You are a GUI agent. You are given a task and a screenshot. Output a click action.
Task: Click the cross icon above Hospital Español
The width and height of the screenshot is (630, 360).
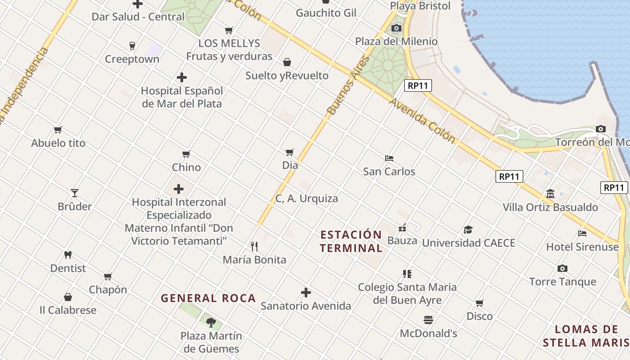pyautogui.click(x=182, y=77)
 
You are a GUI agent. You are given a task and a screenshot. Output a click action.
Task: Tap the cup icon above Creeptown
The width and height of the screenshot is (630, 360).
pyautogui.click(x=132, y=45)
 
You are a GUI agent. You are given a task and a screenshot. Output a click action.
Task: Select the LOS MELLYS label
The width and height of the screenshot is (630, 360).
pyautogui.click(x=229, y=43)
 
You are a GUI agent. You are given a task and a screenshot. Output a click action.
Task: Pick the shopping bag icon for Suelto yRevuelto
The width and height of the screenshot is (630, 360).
pyautogui.click(x=287, y=62)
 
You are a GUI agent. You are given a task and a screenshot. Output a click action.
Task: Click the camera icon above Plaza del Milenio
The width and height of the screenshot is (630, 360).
pyautogui.click(x=396, y=28)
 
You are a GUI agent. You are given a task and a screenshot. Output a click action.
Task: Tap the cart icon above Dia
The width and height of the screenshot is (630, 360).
pyautogui.click(x=290, y=152)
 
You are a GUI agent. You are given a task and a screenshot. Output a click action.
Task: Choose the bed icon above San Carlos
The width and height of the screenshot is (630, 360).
pyautogui.click(x=389, y=158)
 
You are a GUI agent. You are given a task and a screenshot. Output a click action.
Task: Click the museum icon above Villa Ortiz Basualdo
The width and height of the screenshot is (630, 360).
pyautogui.click(x=550, y=194)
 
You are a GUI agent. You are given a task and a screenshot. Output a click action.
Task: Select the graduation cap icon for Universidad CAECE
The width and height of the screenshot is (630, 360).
pyautogui.click(x=468, y=229)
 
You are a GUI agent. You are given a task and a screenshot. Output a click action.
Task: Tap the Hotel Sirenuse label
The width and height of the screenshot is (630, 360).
pyautogui.click(x=582, y=247)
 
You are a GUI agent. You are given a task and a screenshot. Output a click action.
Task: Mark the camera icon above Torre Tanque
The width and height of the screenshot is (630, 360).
pyautogui.click(x=562, y=269)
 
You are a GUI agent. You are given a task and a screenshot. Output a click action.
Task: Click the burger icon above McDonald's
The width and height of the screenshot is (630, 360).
pyautogui.click(x=428, y=320)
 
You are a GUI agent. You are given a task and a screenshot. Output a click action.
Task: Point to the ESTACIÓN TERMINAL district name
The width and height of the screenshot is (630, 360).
pyautogui.click(x=351, y=241)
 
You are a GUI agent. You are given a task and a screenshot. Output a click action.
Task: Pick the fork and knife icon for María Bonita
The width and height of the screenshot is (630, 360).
pyautogui.click(x=254, y=246)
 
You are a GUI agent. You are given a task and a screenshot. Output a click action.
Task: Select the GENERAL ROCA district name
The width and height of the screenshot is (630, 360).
pyautogui.click(x=208, y=298)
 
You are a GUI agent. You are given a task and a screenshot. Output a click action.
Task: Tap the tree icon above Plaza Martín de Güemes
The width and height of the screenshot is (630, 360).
pyautogui.click(x=211, y=322)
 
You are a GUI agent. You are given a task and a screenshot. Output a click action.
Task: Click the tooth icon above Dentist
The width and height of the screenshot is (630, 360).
pyautogui.click(x=68, y=255)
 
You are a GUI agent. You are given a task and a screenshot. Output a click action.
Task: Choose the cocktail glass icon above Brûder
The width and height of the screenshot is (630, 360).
pyautogui.click(x=75, y=193)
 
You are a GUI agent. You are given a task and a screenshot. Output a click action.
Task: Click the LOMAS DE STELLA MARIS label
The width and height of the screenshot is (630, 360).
pyautogui.click(x=586, y=336)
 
